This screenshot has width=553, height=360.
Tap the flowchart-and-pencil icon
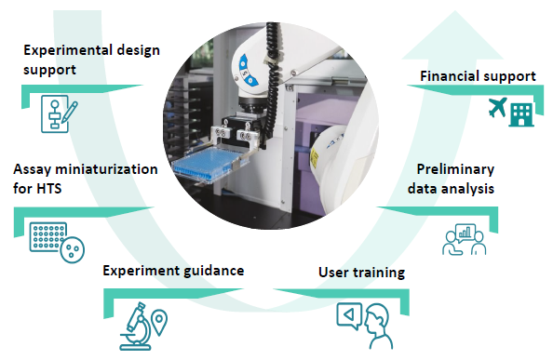58,113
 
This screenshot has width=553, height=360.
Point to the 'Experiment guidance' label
173,271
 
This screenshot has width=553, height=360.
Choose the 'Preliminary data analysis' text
452,179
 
